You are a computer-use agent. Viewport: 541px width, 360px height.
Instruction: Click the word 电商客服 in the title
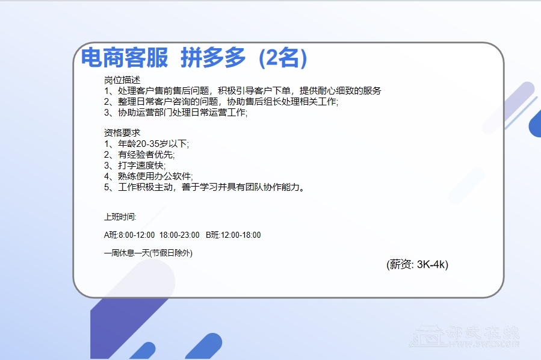(125, 57)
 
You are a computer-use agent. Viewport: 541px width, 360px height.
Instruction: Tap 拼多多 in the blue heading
(213, 57)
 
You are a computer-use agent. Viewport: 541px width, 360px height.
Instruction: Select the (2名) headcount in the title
(283, 58)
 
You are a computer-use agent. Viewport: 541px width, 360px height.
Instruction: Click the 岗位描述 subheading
(122, 80)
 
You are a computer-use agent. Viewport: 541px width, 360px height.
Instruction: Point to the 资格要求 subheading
(122, 133)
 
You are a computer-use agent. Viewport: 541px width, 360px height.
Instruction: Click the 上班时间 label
(120, 217)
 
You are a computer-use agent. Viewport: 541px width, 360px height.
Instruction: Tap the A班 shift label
(111, 235)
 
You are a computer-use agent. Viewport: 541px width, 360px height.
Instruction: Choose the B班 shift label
(212, 235)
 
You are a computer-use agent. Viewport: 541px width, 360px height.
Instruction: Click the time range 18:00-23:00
(179, 235)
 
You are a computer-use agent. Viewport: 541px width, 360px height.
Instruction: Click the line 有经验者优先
(146, 155)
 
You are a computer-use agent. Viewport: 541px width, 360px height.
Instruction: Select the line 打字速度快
(142, 166)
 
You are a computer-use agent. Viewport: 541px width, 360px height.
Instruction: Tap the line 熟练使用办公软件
(155, 176)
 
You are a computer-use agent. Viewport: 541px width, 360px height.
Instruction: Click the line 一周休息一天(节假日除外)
(148, 253)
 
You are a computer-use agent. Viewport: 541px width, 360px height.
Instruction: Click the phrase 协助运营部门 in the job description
(145, 113)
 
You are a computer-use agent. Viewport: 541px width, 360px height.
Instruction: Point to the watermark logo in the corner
(464, 336)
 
